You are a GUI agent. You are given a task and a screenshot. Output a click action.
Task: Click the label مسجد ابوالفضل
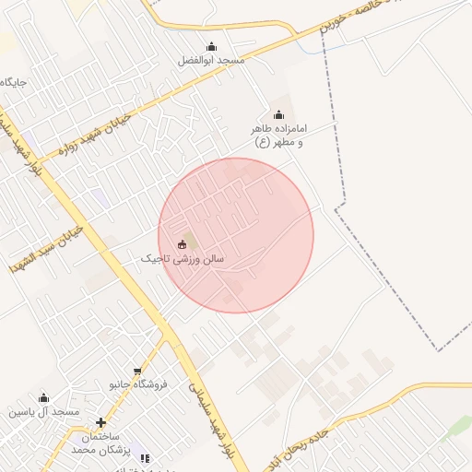coord(211,61)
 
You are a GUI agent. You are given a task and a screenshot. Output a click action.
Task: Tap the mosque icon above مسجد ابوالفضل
coord(211,47)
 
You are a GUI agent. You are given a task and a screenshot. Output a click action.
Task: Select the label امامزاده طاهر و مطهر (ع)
coord(278,136)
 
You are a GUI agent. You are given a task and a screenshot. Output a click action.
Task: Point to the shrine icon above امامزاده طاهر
coord(278,114)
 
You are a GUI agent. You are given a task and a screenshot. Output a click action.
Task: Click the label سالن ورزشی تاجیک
coord(183,260)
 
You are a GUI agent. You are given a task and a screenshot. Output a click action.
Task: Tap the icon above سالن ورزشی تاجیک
coord(183,244)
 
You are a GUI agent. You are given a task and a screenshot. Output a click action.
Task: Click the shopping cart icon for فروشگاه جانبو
coord(137,370)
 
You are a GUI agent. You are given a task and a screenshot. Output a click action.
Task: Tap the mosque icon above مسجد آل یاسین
coord(43,398)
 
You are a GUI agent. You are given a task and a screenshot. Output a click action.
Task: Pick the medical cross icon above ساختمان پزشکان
coord(101,423)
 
